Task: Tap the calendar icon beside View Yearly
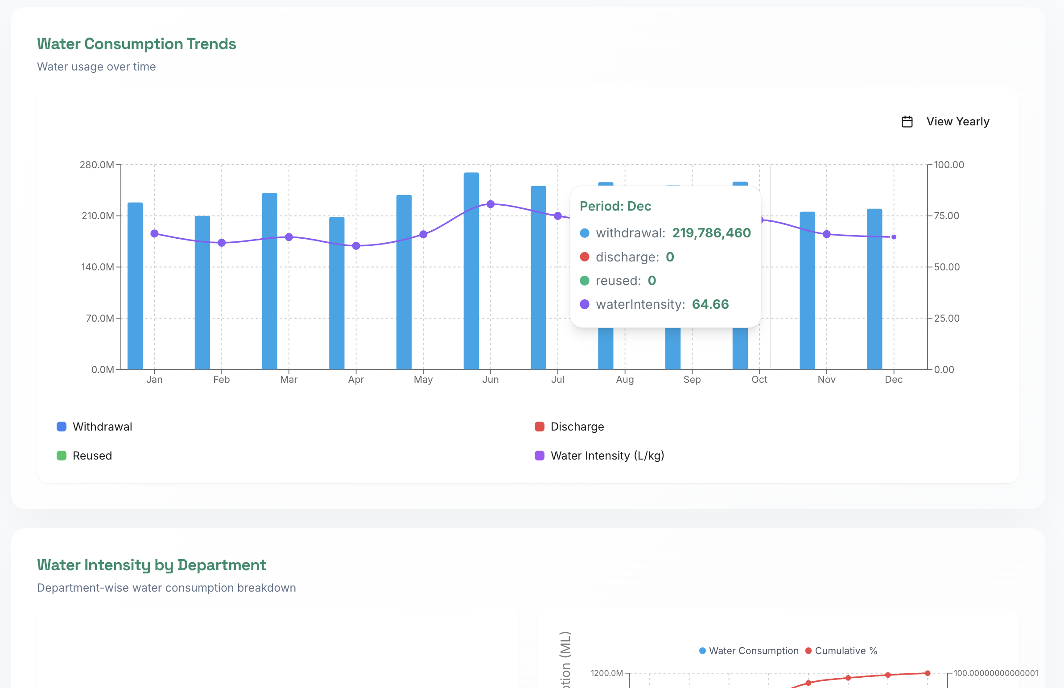click(x=907, y=121)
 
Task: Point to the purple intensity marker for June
click(x=490, y=204)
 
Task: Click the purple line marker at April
click(x=356, y=246)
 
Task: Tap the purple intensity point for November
click(x=826, y=234)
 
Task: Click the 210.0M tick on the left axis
click(x=97, y=216)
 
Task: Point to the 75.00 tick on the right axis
click(x=947, y=216)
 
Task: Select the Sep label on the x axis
click(x=692, y=380)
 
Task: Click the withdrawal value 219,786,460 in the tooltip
click(x=711, y=233)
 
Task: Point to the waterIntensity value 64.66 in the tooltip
click(x=710, y=304)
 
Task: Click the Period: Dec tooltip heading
click(x=615, y=206)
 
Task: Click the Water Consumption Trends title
click(x=136, y=44)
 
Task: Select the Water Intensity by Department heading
click(x=151, y=565)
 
